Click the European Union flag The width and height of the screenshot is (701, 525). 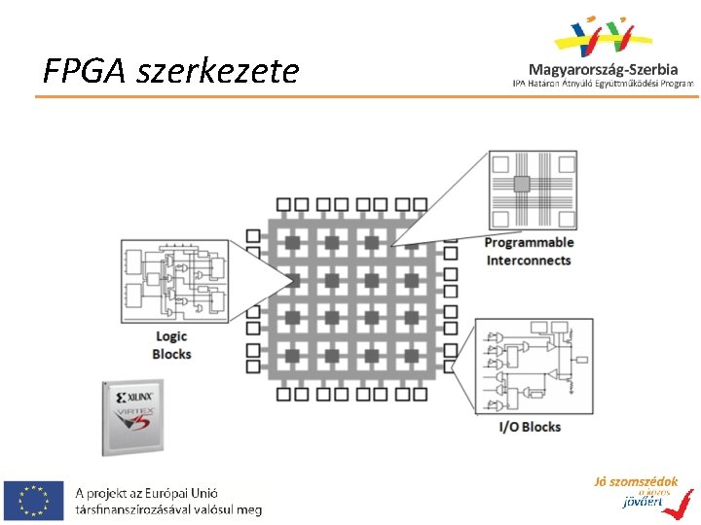pyautogui.click(x=33, y=500)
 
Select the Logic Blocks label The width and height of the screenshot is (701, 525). pyautogui.click(x=171, y=345)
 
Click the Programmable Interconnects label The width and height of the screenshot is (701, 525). pyautogui.click(x=529, y=251)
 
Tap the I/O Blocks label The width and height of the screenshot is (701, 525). pyautogui.click(x=530, y=426)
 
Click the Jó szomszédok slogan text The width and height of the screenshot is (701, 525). pyautogui.click(x=636, y=481)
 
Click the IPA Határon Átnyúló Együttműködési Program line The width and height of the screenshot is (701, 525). pyautogui.click(x=604, y=84)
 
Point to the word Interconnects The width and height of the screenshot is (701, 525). pyautogui.click(x=529, y=261)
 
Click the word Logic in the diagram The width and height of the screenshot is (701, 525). pyautogui.click(x=171, y=336)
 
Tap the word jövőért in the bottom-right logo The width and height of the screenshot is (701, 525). pyautogui.click(x=640, y=502)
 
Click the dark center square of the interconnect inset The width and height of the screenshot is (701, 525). pyautogui.click(x=522, y=182)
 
